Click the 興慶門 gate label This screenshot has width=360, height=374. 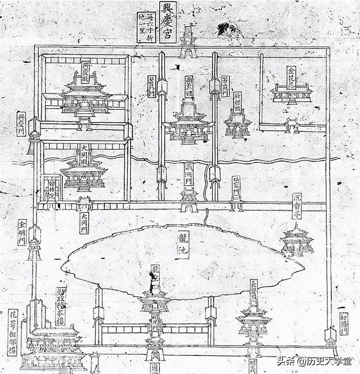[21, 124]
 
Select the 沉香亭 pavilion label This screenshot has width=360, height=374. [296, 206]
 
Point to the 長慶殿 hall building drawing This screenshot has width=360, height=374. [254, 321]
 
